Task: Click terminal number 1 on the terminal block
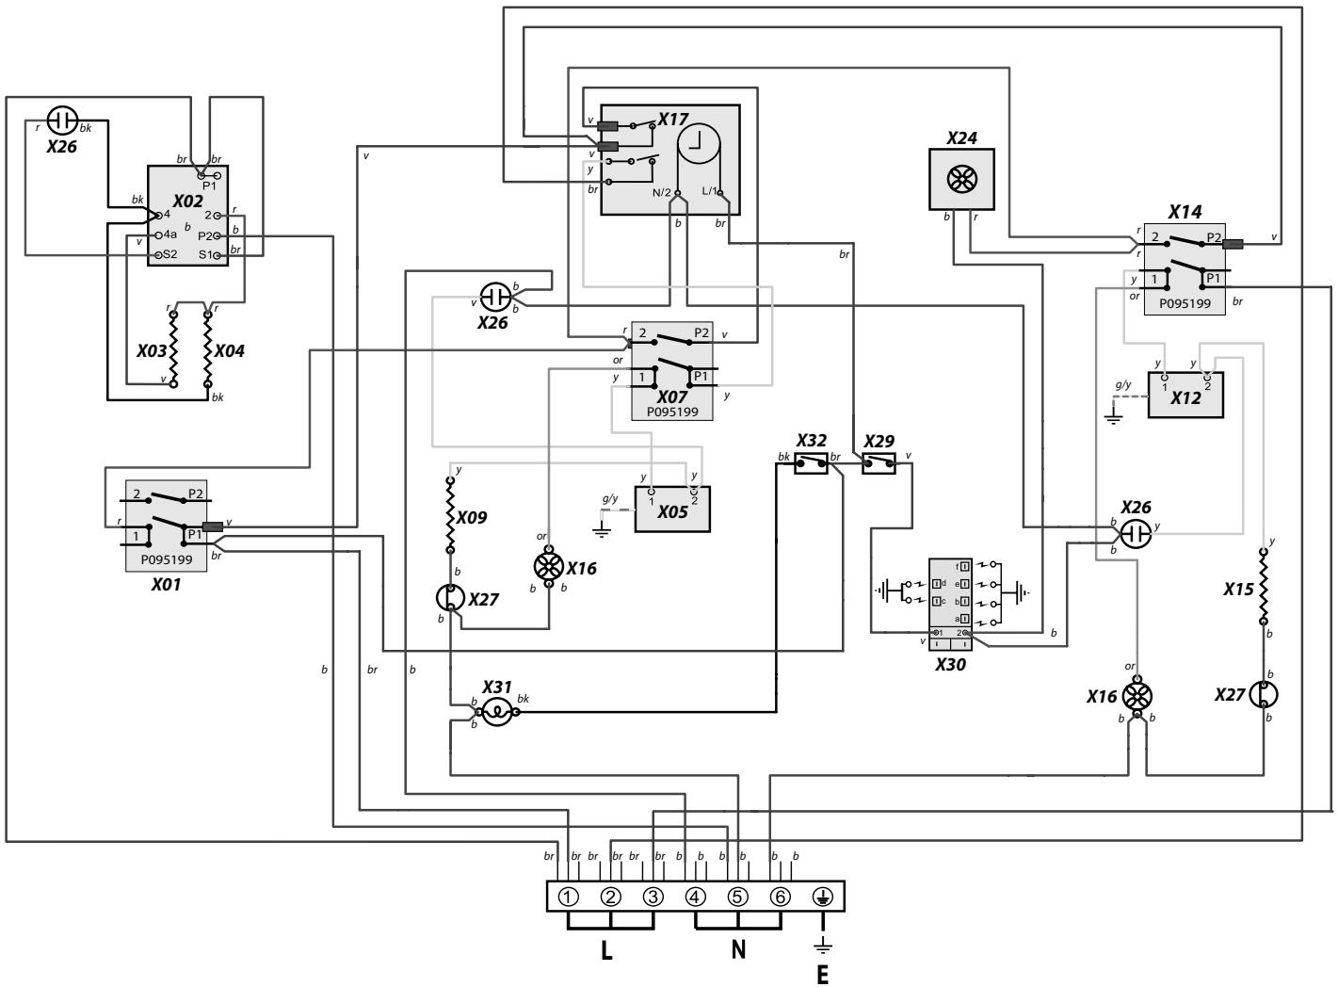pyautogui.click(x=569, y=896)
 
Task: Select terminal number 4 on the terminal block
pyautogui.click(x=696, y=896)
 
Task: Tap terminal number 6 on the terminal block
pyautogui.click(x=780, y=896)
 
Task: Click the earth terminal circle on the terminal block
pyautogui.click(x=822, y=896)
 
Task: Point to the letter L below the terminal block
pyautogui.click(x=606, y=950)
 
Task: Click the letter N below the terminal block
pyautogui.click(x=738, y=950)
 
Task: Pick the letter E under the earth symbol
pyautogui.click(x=822, y=974)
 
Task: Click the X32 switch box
pyautogui.click(x=811, y=461)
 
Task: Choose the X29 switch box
pyautogui.click(x=879, y=461)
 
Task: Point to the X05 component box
pyautogui.click(x=672, y=509)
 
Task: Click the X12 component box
pyautogui.click(x=1185, y=396)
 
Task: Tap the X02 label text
pyautogui.click(x=188, y=201)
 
